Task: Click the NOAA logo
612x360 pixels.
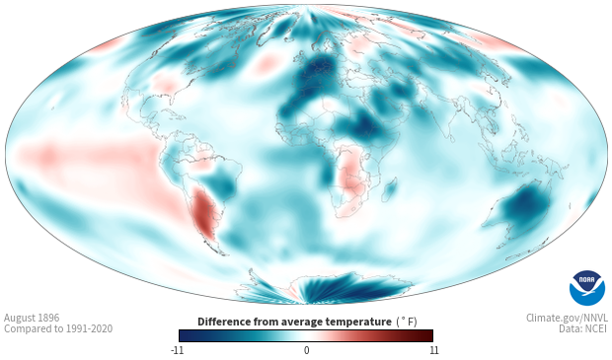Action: pyautogui.click(x=587, y=288)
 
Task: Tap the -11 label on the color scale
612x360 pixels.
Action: pyautogui.click(x=178, y=350)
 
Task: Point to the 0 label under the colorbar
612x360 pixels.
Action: pyautogui.click(x=306, y=350)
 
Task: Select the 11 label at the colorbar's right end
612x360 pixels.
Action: pyautogui.click(x=433, y=350)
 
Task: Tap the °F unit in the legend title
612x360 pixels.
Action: pyautogui.click(x=407, y=322)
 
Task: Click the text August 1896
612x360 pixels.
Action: pyautogui.click(x=32, y=318)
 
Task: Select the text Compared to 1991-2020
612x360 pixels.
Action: pyautogui.click(x=58, y=328)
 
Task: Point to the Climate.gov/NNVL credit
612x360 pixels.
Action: pyautogui.click(x=567, y=318)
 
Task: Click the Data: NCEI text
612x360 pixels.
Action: pyautogui.click(x=583, y=328)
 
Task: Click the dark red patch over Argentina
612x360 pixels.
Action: pyautogui.click(x=203, y=213)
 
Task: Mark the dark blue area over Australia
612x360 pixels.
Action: pyautogui.click(x=525, y=206)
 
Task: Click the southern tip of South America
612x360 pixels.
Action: pyautogui.click(x=223, y=254)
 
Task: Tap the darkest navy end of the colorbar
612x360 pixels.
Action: pyautogui.click(x=182, y=335)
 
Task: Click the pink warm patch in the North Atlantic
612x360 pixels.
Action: pyautogui.click(x=267, y=64)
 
